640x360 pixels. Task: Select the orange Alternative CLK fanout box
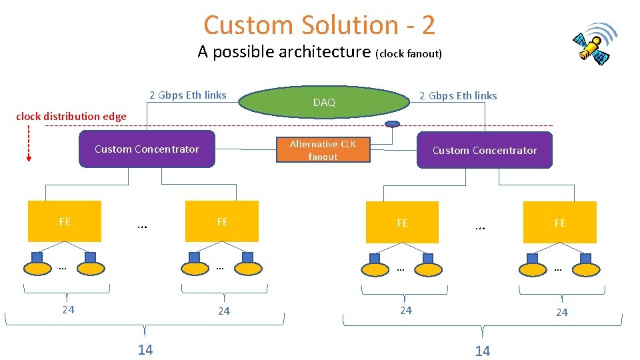click(323, 150)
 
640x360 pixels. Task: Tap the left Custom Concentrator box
click(147, 149)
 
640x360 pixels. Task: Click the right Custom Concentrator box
click(485, 150)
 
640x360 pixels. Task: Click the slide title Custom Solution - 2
click(319, 25)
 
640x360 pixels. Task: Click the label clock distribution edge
click(71, 116)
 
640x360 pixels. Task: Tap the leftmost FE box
click(65, 221)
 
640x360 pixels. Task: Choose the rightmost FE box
click(559, 223)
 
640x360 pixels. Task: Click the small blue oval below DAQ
click(393, 123)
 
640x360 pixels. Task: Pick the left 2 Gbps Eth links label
click(187, 95)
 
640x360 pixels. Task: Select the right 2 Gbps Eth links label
click(458, 95)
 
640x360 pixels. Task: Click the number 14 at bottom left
click(145, 349)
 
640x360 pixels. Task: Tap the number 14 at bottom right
click(482, 351)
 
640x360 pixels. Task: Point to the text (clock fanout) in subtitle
click(409, 54)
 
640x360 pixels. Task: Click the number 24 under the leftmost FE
click(68, 309)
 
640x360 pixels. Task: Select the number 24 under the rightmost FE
click(562, 312)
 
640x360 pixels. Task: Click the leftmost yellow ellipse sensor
click(37, 269)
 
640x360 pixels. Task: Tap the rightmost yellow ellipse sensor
click(586, 269)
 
